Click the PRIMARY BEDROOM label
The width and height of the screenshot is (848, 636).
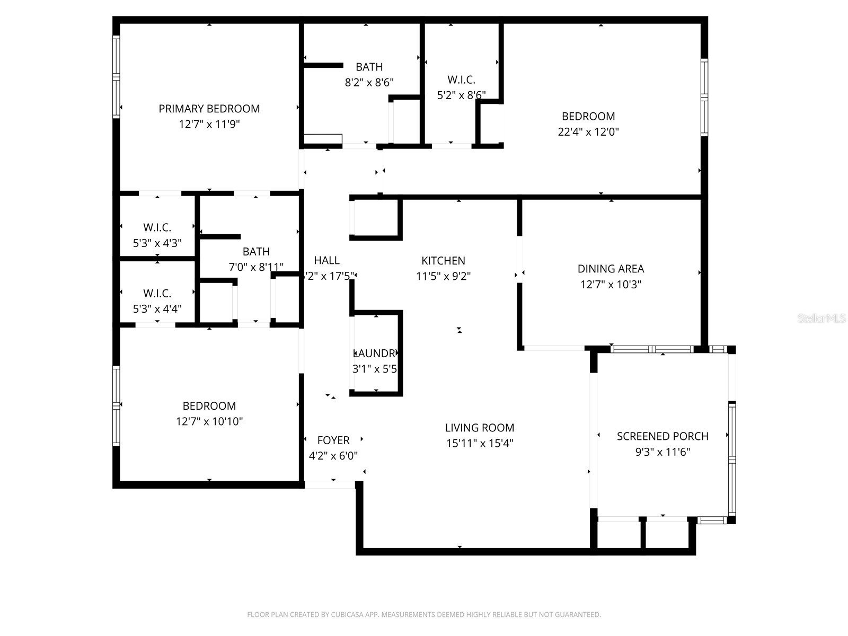click(209, 109)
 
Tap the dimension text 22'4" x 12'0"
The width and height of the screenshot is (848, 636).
click(588, 132)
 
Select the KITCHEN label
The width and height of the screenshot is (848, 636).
click(443, 261)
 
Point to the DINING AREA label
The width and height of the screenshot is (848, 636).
click(611, 269)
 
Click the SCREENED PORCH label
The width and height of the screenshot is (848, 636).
click(662, 436)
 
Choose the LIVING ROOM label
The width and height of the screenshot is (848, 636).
click(479, 428)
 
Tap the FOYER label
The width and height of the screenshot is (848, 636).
click(333, 440)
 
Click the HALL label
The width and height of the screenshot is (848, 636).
click(326, 260)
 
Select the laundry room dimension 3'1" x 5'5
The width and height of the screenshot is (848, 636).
click(375, 369)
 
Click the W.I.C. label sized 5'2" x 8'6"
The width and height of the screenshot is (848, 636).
click(461, 80)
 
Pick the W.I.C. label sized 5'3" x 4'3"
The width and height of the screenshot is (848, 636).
click(157, 228)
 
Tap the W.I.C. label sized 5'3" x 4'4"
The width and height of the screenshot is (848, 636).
click(157, 294)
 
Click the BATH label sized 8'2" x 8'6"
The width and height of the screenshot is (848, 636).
click(369, 67)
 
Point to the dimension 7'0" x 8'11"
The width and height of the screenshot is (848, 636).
click(256, 267)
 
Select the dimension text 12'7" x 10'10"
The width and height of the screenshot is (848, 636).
click(209, 422)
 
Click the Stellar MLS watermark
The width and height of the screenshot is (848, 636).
click(821, 319)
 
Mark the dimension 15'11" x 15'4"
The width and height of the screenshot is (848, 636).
click(479, 444)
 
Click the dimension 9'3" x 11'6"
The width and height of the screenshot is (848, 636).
click(662, 452)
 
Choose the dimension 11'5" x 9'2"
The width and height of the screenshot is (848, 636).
click(443, 276)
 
